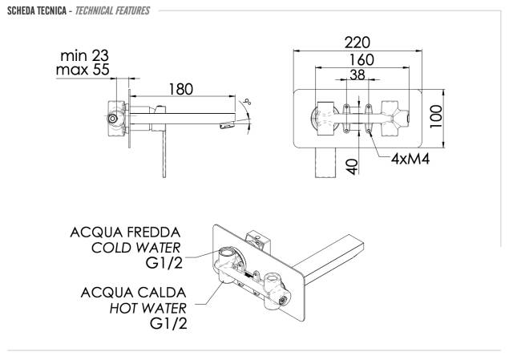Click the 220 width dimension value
click(357, 42)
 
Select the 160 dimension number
click(362, 60)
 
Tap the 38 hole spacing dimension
click(357, 75)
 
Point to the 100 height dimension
click(436, 116)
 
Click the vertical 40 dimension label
click(352, 167)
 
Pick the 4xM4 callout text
click(410, 159)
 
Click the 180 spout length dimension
click(181, 89)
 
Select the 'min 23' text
click(84, 55)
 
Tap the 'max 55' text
click(83, 70)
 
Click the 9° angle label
click(248, 102)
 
